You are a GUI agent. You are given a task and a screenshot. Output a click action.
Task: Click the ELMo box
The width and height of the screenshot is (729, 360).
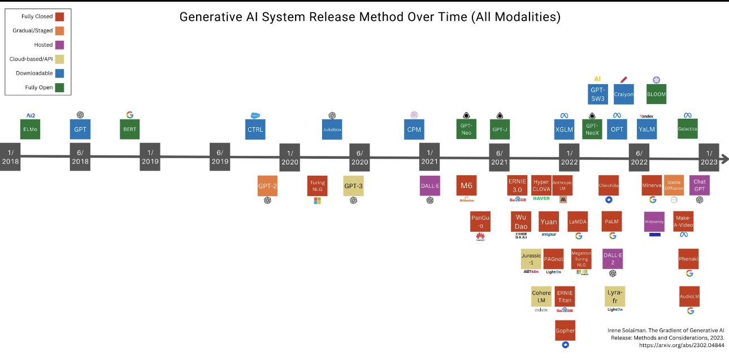(30, 129)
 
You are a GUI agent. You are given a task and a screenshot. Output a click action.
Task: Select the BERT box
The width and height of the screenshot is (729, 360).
(129, 129)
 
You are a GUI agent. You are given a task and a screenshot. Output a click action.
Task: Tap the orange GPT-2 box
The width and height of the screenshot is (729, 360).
(267, 186)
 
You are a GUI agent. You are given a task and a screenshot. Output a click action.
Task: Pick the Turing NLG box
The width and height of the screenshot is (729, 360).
(317, 186)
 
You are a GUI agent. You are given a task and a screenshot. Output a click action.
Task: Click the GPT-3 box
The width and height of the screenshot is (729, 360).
(353, 186)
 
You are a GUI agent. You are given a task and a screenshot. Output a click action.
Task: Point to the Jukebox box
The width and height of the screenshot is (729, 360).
(332, 129)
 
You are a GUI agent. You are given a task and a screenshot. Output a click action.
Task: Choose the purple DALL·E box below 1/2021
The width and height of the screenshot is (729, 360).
(429, 186)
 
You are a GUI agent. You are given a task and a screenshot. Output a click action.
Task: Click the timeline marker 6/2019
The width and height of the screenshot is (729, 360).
(220, 157)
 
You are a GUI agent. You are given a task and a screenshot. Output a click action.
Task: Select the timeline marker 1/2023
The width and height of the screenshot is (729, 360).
(709, 157)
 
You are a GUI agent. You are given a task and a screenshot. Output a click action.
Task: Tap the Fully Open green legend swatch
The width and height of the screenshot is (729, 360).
(59, 87)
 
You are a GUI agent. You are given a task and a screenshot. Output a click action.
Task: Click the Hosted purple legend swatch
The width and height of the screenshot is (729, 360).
(59, 45)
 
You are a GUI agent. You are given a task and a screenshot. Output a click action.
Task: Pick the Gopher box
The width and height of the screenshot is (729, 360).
(565, 330)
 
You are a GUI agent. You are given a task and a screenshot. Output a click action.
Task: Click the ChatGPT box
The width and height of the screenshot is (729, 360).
(700, 186)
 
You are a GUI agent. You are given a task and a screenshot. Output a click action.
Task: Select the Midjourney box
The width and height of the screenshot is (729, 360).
(654, 222)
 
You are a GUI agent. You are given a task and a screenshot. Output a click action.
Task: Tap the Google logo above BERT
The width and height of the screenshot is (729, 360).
(129, 115)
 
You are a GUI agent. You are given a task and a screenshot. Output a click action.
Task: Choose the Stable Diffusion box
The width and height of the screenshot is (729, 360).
(674, 185)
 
